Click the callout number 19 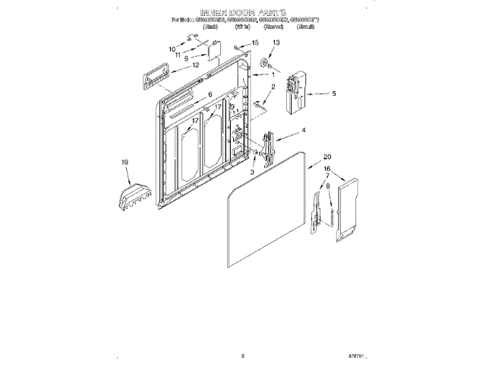click(x=125, y=162)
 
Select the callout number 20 click(x=327, y=157)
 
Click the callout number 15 click(x=255, y=43)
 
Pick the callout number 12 click(x=196, y=65)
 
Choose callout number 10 click(x=172, y=49)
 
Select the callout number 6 click(x=210, y=94)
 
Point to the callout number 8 click(x=327, y=186)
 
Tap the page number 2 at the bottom click(x=242, y=354)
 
